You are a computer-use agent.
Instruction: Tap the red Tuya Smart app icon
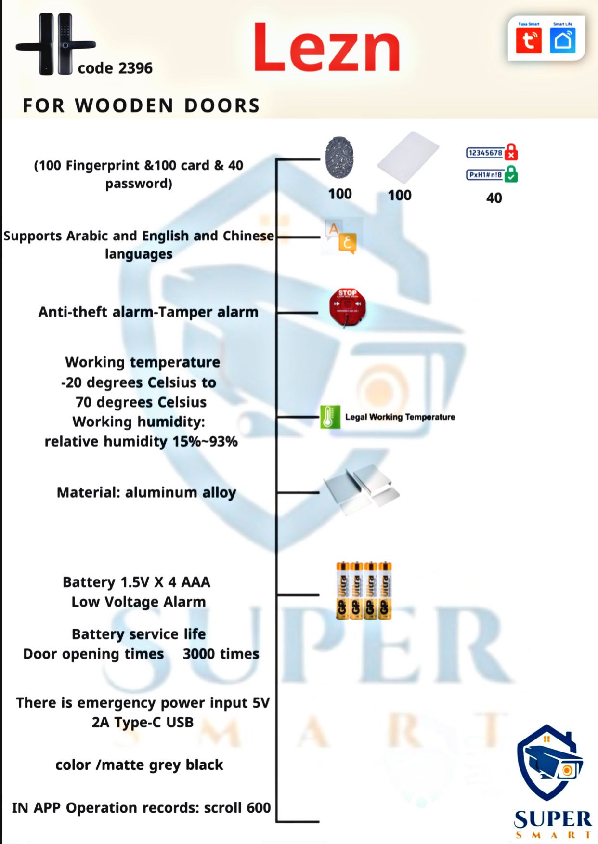[x=528, y=40]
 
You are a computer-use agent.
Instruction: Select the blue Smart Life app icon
[x=562, y=40]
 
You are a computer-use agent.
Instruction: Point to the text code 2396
[x=115, y=68]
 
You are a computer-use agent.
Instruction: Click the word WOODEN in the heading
[x=124, y=105]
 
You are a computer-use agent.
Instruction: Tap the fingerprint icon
[x=339, y=158]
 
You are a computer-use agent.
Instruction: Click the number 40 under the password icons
[x=494, y=198]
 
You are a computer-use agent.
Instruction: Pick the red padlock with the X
[x=511, y=152]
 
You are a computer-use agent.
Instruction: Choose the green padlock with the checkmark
[x=511, y=174]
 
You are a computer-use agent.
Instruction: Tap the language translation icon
[x=341, y=237]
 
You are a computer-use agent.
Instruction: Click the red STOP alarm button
[x=347, y=306]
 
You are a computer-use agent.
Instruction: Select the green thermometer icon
[x=330, y=417]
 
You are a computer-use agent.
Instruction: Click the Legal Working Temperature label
[x=400, y=417]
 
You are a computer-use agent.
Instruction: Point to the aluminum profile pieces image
[x=362, y=488]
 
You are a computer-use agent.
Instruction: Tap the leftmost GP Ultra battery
[x=342, y=590]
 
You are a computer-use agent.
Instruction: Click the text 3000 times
[x=221, y=654]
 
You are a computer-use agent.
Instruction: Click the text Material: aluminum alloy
[x=146, y=492]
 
